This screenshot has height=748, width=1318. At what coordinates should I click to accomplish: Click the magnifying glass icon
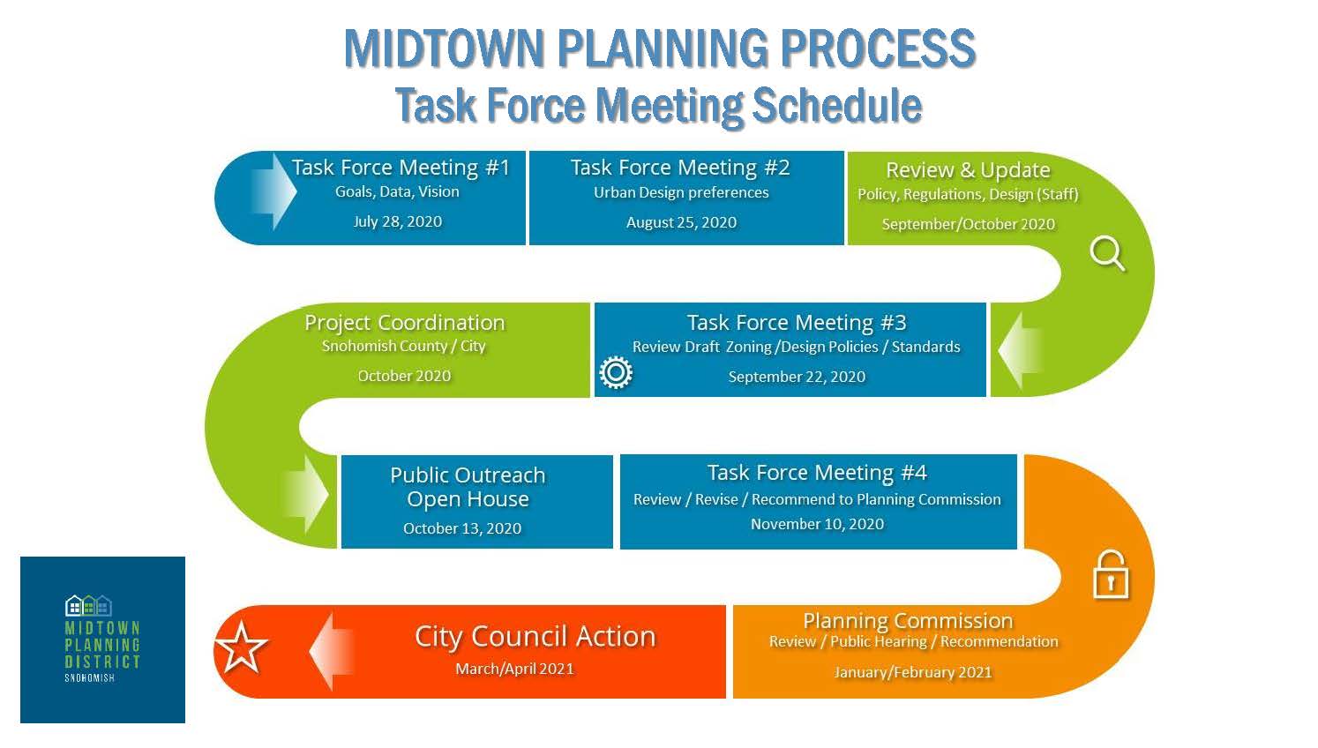point(1106,253)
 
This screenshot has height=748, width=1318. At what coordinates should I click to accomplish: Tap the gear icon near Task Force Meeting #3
point(616,373)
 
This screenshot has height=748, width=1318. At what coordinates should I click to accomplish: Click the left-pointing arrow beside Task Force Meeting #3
point(1020,350)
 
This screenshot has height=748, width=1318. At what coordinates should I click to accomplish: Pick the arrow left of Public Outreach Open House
point(305,495)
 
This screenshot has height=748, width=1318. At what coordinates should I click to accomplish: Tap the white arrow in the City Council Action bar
point(333,651)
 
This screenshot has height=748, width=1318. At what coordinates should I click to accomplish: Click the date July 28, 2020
point(397,221)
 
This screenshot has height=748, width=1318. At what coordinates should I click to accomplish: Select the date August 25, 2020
point(681,222)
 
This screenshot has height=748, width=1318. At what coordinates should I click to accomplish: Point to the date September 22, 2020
point(797,377)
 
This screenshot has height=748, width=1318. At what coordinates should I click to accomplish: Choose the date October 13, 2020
point(462,528)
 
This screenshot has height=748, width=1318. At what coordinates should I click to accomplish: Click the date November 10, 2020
point(817,524)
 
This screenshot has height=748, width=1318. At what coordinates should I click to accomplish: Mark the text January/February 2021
point(913,672)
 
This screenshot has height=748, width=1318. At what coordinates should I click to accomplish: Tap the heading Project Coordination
point(404,323)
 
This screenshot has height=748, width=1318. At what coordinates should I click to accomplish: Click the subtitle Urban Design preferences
point(681,192)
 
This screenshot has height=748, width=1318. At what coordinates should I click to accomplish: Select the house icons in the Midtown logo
point(88,605)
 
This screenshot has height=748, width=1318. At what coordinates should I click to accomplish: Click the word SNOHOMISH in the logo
point(89,678)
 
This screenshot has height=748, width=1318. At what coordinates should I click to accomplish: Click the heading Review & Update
point(968,169)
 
